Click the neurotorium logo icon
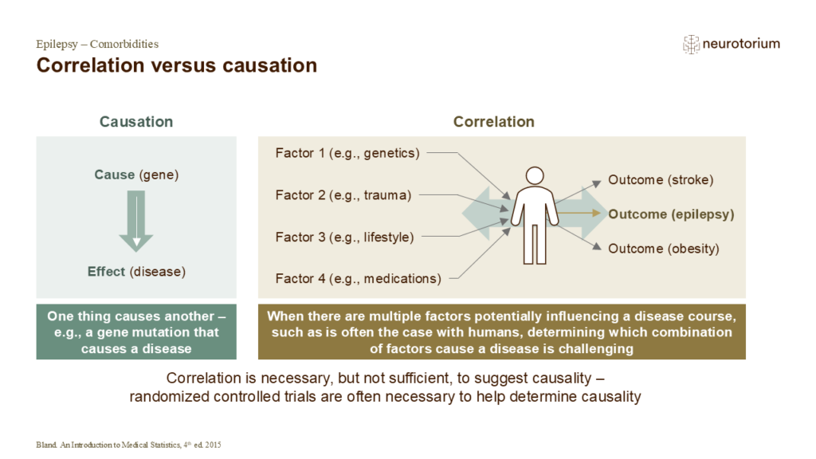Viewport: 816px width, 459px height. (691, 45)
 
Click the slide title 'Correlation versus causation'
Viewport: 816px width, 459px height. (176, 65)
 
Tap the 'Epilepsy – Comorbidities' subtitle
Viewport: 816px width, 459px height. (97, 44)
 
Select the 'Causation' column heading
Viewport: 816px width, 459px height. (136, 122)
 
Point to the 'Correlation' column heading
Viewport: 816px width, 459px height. (494, 122)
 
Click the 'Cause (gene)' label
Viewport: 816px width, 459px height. (136, 175)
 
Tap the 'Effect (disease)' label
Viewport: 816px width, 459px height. (136, 272)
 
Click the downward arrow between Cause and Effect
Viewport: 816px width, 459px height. (135, 222)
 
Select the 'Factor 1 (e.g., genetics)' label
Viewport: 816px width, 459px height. (347, 153)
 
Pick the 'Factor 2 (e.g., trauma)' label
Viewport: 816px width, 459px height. (343, 195)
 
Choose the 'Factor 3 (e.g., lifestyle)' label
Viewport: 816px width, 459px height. (344, 237)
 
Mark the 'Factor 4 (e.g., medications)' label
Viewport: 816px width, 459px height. (358, 279)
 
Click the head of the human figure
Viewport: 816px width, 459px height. (535, 176)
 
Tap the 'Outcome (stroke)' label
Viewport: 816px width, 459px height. (661, 180)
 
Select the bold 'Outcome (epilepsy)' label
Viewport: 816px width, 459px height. (671, 214)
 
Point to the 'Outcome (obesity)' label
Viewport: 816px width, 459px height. (664, 249)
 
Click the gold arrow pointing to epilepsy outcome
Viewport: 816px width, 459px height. (579, 213)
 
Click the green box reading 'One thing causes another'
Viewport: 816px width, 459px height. (136, 332)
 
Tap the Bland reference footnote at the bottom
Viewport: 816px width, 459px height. (128, 445)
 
